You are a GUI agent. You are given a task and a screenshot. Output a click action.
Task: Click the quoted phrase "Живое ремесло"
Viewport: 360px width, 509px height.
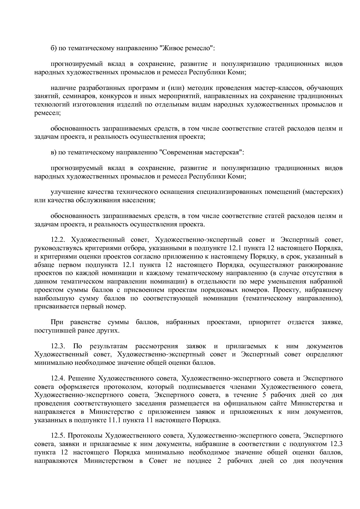(x=187, y=48)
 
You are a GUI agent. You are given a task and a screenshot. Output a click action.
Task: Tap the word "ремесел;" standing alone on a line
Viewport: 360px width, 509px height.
(x=47, y=113)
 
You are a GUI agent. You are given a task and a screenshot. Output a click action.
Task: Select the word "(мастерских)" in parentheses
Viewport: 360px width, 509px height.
(x=323, y=192)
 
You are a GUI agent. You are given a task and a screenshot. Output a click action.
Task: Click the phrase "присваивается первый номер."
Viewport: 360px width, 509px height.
(x=80, y=306)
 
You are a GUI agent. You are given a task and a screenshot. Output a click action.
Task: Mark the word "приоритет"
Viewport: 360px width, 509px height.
(x=264, y=322)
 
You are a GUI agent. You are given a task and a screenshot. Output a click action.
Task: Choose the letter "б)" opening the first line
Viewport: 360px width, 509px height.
(x=53, y=48)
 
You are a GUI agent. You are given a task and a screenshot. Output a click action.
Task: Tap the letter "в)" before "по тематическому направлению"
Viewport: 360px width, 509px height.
(x=53, y=152)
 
